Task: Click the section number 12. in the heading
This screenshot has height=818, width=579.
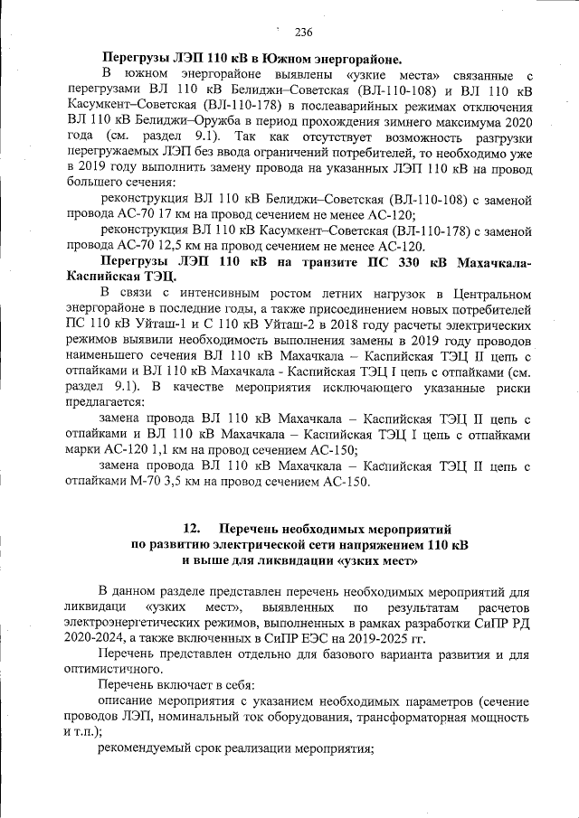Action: click(x=192, y=528)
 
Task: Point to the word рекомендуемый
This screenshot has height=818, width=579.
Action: click(x=151, y=749)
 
